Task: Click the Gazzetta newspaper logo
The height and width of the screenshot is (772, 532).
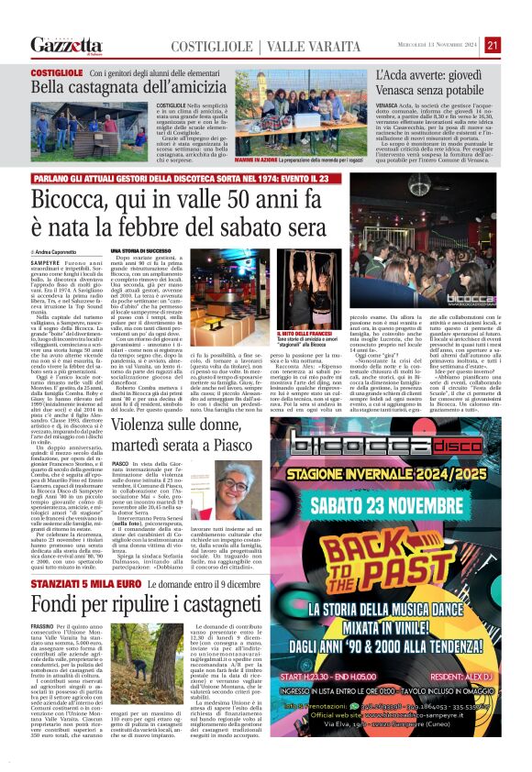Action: coord(64,45)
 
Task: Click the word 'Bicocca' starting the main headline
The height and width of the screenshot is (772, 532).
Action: coord(74,200)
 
